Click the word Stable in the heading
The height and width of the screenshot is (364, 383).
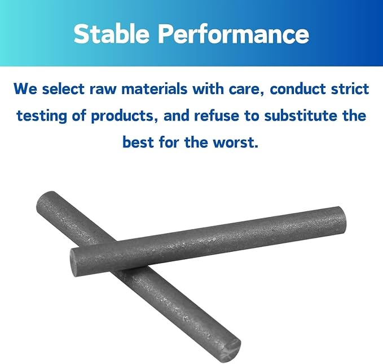(x=111, y=34)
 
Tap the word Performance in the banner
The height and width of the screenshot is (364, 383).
(x=234, y=34)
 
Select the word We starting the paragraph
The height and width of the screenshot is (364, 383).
(x=25, y=89)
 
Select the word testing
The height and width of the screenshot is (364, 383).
(x=42, y=116)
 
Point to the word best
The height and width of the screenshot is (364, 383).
(x=138, y=142)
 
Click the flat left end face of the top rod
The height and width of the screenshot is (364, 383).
(x=73, y=262)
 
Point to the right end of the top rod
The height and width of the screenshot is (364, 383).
(x=342, y=219)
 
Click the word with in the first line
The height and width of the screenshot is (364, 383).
(x=208, y=89)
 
